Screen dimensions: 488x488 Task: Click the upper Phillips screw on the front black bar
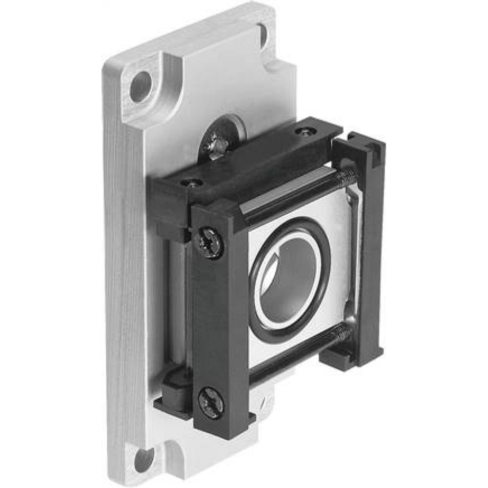(209, 241)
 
